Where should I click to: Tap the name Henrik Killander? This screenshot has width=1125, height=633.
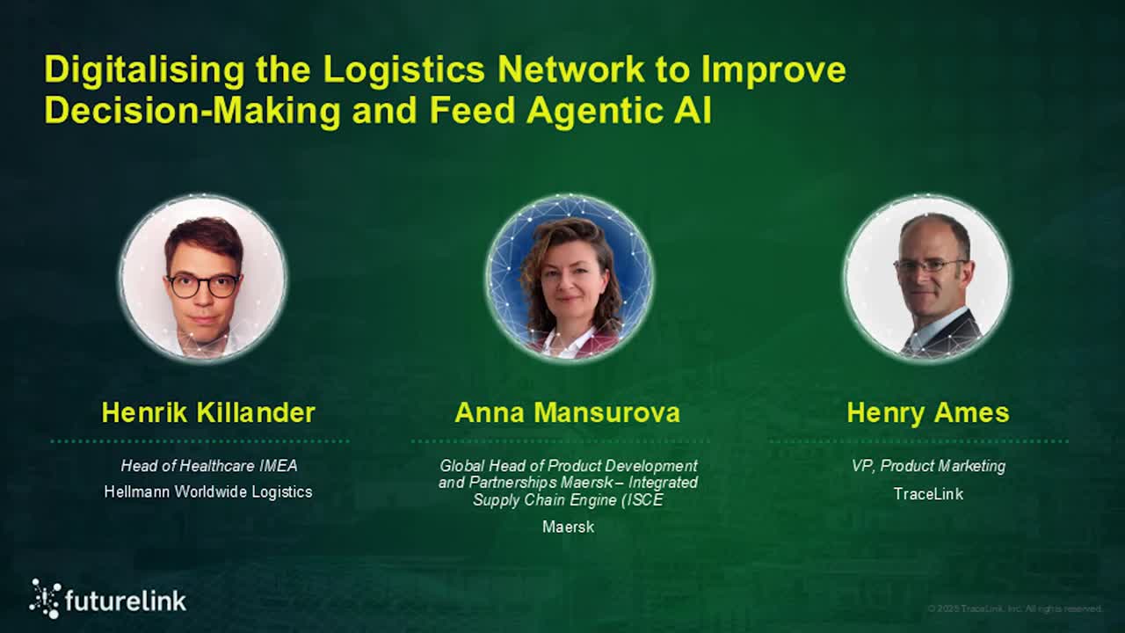point(208,412)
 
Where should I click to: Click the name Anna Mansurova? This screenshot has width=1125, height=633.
point(567,412)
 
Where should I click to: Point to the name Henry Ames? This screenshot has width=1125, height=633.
point(927,412)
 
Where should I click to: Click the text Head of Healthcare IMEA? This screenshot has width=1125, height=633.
point(208,466)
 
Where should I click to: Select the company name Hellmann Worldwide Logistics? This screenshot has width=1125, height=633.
point(208,491)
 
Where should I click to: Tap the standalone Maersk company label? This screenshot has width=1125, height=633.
point(568,527)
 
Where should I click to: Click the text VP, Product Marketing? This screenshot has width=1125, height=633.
point(928,466)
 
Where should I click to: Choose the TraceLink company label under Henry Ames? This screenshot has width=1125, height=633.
point(928,493)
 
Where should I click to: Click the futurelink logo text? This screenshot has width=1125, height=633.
point(126,600)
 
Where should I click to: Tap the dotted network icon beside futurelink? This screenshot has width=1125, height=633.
point(45,598)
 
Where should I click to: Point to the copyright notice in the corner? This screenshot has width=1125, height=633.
point(1014,608)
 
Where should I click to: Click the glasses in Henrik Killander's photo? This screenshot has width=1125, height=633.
point(203,285)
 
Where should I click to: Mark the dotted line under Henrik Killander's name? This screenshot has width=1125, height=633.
point(200,441)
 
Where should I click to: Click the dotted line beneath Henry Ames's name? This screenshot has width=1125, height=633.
point(918,441)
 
